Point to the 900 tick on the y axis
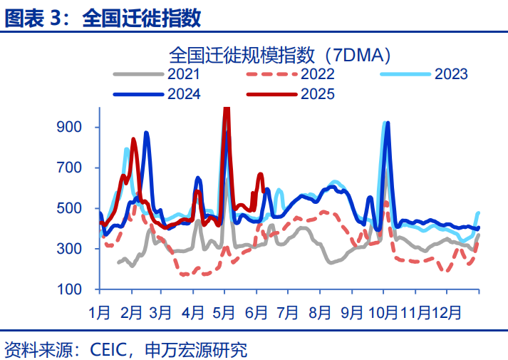(x=75, y=128)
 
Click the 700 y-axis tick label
(x=75, y=168)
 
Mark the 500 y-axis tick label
(x=75, y=208)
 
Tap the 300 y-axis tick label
(x=75, y=249)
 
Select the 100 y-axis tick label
(x=75, y=289)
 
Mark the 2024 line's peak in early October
(x=388, y=124)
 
